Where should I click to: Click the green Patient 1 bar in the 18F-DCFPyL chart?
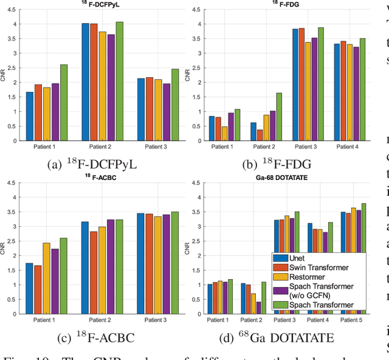click(64, 103)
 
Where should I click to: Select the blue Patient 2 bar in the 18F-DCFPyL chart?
click(86, 82)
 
